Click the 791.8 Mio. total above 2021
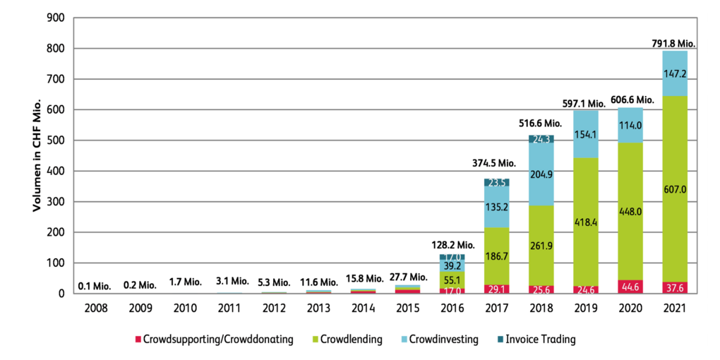pyautogui.click(x=674, y=43)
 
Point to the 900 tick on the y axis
pyautogui.click(x=56, y=18)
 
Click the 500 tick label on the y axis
pyautogui.click(x=56, y=140)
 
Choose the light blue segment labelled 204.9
pyautogui.click(x=539, y=175)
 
